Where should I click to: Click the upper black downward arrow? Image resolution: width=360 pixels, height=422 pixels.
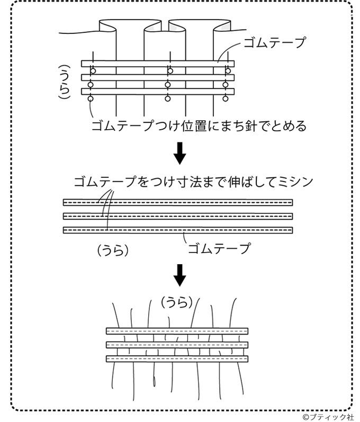click(x=179, y=153)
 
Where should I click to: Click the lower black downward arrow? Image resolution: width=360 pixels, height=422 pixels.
click(x=179, y=275)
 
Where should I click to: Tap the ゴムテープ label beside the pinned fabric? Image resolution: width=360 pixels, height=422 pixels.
click(x=274, y=42)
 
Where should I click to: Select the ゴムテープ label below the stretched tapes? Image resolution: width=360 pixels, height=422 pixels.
click(x=219, y=248)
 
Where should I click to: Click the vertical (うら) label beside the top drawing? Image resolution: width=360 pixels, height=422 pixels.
click(x=65, y=82)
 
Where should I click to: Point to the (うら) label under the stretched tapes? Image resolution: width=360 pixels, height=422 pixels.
click(x=113, y=250)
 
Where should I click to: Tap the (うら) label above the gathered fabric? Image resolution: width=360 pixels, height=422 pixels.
click(x=177, y=302)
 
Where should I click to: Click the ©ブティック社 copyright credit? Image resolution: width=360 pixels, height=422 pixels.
click(x=328, y=417)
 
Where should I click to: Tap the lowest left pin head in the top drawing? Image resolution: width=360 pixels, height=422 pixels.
click(x=91, y=99)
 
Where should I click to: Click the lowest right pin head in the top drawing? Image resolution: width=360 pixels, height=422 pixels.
click(x=226, y=99)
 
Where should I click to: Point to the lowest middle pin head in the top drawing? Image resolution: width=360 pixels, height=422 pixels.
click(x=168, y=99)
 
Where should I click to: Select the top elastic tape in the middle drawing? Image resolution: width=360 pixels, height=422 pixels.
click(x=178, y=202)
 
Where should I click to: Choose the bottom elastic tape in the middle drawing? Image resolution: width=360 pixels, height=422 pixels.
click(x=178, y=230)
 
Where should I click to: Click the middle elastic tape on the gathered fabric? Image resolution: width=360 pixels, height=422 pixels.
click(x=177, y=345)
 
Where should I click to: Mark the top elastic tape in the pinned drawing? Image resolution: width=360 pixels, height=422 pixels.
click(x=158, y=64)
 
